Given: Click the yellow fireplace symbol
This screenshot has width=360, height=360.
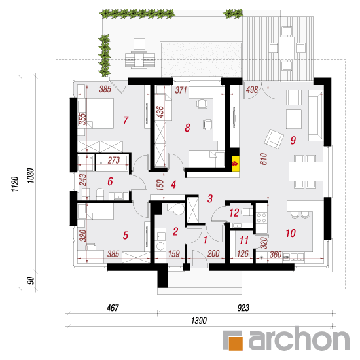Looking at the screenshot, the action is tap(236, 164).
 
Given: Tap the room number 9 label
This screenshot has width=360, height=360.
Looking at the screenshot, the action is tap(293, 140).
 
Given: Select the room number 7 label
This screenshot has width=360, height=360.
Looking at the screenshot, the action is tap(126, 120).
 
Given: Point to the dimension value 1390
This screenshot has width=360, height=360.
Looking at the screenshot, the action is tap(199, 321).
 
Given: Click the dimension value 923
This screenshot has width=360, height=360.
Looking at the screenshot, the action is tap(243, 308).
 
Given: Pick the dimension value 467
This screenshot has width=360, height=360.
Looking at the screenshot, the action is tap(113, 308).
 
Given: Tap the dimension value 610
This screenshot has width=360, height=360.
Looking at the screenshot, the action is tap(264, 159).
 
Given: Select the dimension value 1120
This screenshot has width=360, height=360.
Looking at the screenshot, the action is tap(15, 184).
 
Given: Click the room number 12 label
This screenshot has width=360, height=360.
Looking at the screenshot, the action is tap(234, 213).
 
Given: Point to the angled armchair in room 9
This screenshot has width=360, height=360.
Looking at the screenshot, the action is tap(274, 139).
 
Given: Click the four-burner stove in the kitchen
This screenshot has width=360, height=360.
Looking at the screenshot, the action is tap(262, 217).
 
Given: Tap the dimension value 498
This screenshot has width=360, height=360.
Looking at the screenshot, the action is tap(252, 89).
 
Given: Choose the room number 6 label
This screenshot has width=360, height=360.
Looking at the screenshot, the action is tap(110, 181).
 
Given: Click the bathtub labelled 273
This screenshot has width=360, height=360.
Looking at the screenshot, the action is tap(112, 163).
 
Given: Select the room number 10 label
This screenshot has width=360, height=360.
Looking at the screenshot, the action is tap(291, 233).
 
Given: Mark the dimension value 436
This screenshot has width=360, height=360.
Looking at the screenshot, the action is tap(160, 112).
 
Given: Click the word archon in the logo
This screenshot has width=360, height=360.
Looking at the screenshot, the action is tap(299, 338).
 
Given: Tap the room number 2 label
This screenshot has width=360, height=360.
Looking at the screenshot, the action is tap(175, 232).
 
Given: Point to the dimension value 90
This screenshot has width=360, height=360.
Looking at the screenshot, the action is tap(30, 280).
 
